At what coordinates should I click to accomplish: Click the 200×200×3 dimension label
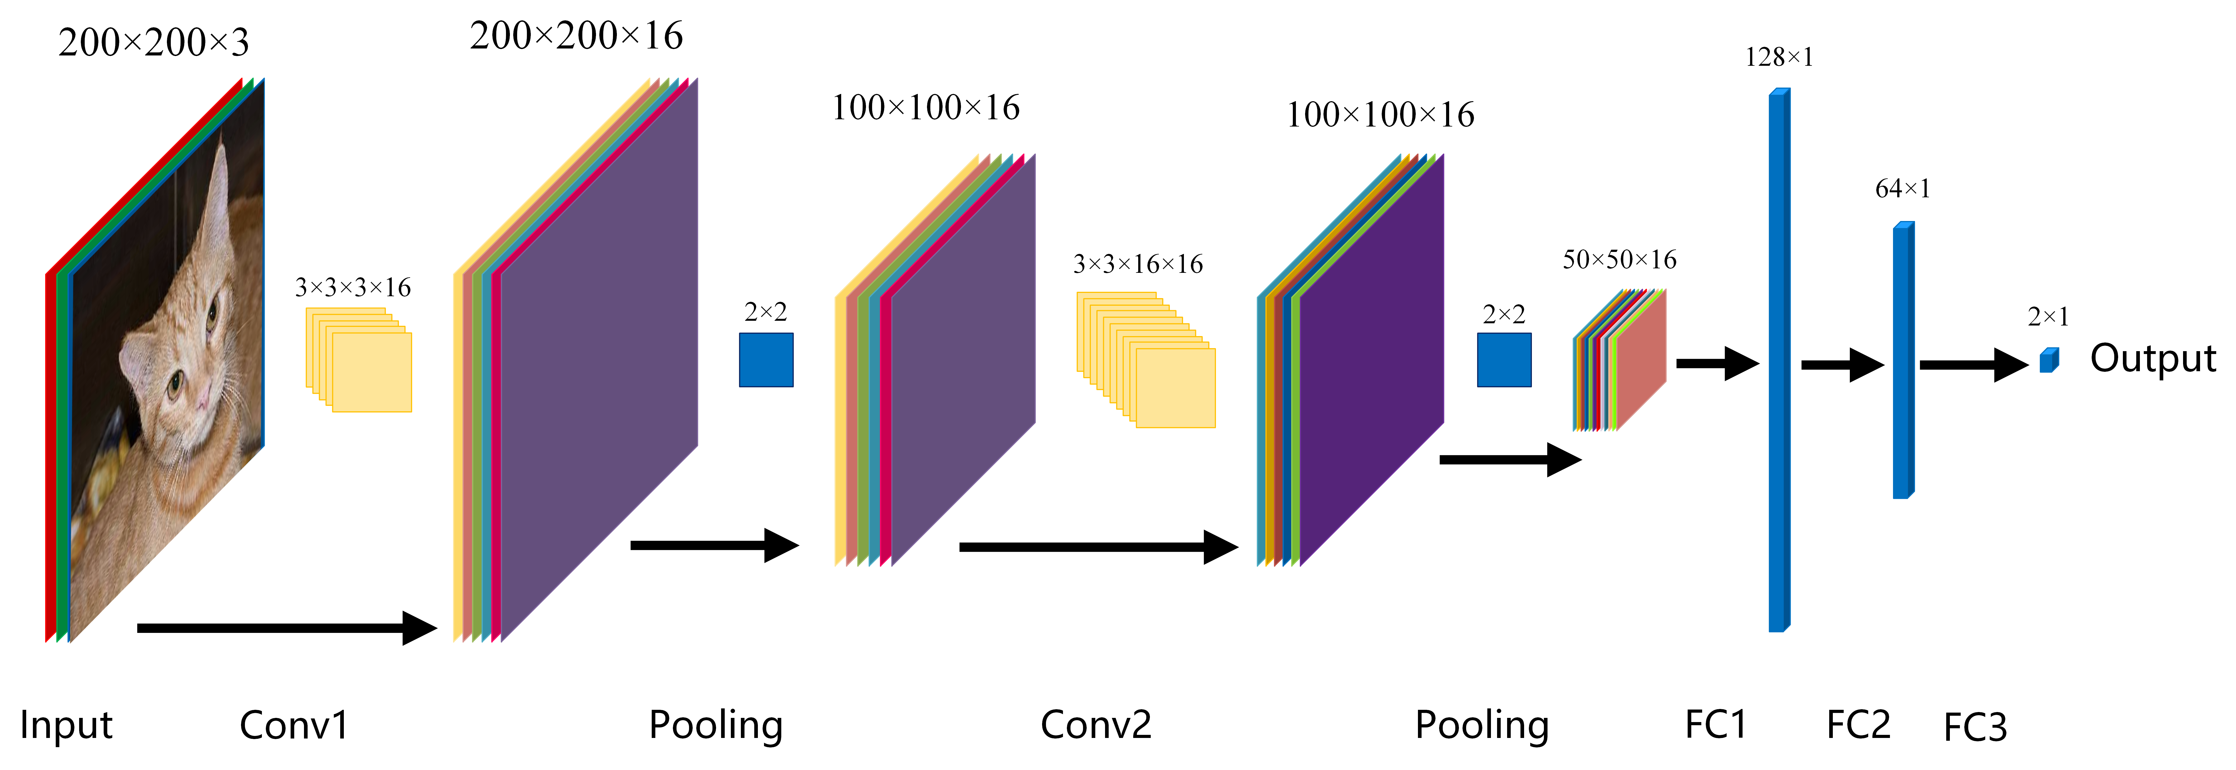pyautogui.click(x=154, y=43)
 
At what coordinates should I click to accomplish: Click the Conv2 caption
pyautogui.click(x=1096, y=725)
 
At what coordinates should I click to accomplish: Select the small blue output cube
pyautogui.click(x=2048, y=360)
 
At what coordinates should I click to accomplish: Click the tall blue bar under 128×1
pyautogui.click(x=1778, y=360)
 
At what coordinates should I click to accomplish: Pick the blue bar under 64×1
pyautogui.click(x=1903, y=360)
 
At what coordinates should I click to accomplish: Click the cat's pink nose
pyautogui.click(x=201, y=399)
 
